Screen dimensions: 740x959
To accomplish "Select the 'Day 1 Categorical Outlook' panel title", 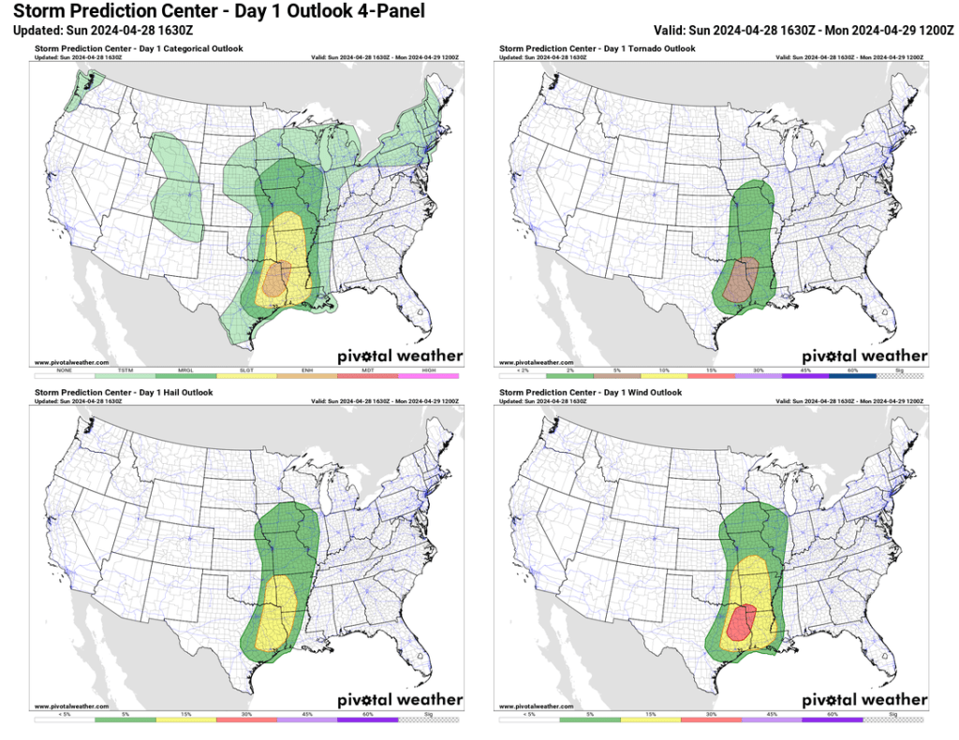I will (x=139, y=49).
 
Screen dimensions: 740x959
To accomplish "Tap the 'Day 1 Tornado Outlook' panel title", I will (x=598, y=49).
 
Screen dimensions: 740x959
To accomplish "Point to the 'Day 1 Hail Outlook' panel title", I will (x=124, y=393).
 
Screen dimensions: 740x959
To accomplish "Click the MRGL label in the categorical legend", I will (x=186, y=370).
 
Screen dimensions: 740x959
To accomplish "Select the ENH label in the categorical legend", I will (x=307, y=370).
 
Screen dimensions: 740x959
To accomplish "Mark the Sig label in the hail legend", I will (x=429, y=715).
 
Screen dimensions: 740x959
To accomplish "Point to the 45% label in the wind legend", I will (x=773, y=715).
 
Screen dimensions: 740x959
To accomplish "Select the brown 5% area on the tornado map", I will (x=743, y=278).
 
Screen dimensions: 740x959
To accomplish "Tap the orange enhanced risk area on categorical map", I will (x=276, y=279).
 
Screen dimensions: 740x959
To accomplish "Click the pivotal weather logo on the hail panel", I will (x=400, y=699).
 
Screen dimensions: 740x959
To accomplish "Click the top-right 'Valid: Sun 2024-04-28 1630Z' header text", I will (x=804, y=31).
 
